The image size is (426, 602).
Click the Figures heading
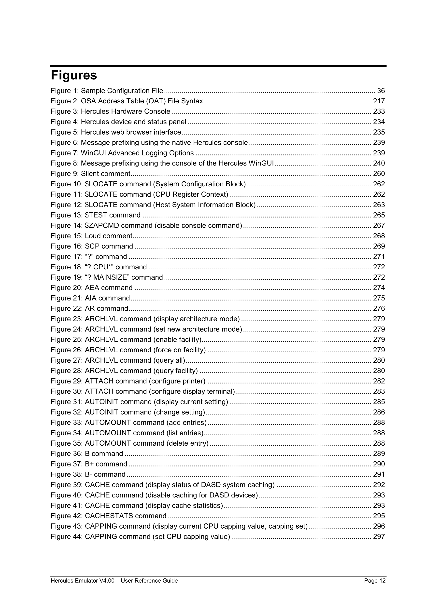(74, 75)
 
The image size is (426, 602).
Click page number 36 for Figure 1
(381, 91)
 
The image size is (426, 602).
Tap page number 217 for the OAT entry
(379, 101)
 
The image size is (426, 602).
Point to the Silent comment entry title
(105, 174)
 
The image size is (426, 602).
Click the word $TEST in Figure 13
(96, 215)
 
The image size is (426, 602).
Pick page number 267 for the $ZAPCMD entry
(379, 225)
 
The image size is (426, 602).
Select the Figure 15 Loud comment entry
(92, 236)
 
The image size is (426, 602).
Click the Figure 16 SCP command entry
(92, 246)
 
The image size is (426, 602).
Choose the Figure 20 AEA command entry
(92, 288)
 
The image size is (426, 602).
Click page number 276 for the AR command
(379, 308)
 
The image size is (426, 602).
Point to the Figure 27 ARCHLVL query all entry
(118, 360)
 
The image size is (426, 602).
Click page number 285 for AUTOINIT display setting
(379, 402)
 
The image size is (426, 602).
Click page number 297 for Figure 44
(379, 536)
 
